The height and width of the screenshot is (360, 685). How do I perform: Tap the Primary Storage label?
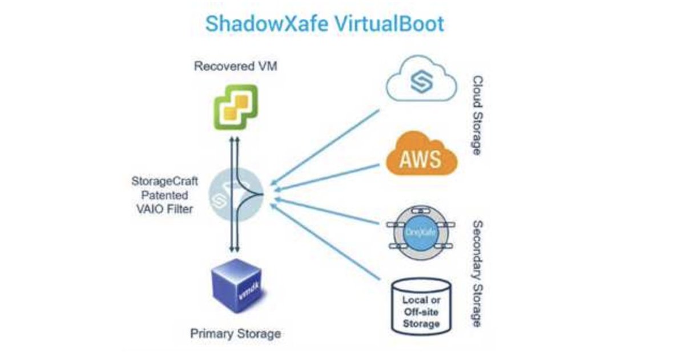(x=235, y=333)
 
